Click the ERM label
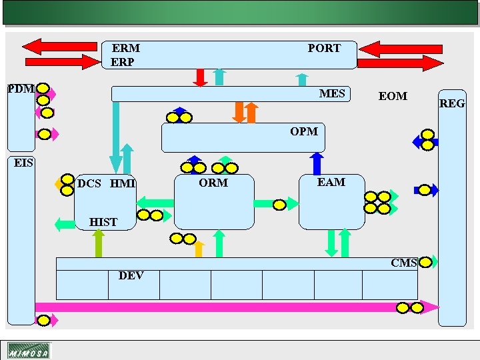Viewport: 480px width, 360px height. point(126,49)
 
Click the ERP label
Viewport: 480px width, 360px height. point(123,62)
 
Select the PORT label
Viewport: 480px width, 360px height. point(324,49)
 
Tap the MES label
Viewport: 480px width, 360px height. point(332,93)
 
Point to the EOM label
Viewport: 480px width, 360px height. point(393,97)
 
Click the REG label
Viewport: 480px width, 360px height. point(451,103)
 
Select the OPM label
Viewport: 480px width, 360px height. point(304,131)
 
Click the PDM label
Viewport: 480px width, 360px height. point(20,89)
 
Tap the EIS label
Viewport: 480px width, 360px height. point(24,163)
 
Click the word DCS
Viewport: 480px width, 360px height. point(89,184)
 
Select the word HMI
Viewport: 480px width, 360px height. point(123,184)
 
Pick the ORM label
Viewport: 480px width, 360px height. point(213,183)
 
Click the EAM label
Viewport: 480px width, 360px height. point(331,182)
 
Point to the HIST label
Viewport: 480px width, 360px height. point(103,223)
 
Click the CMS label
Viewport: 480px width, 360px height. point(404,263)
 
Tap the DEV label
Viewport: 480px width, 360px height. point(131,276)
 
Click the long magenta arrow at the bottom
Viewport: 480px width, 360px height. point(233,307)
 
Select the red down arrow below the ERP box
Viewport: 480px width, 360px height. point(199,77)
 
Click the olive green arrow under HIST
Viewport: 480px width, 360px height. point(99,243)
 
